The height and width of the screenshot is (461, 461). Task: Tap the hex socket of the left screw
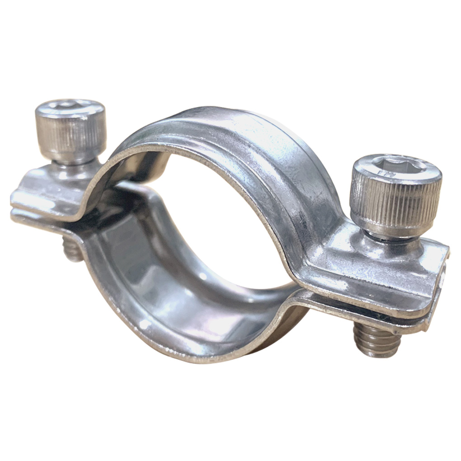click(x=70, y=108)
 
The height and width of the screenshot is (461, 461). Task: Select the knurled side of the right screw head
click(x=398, y=203)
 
